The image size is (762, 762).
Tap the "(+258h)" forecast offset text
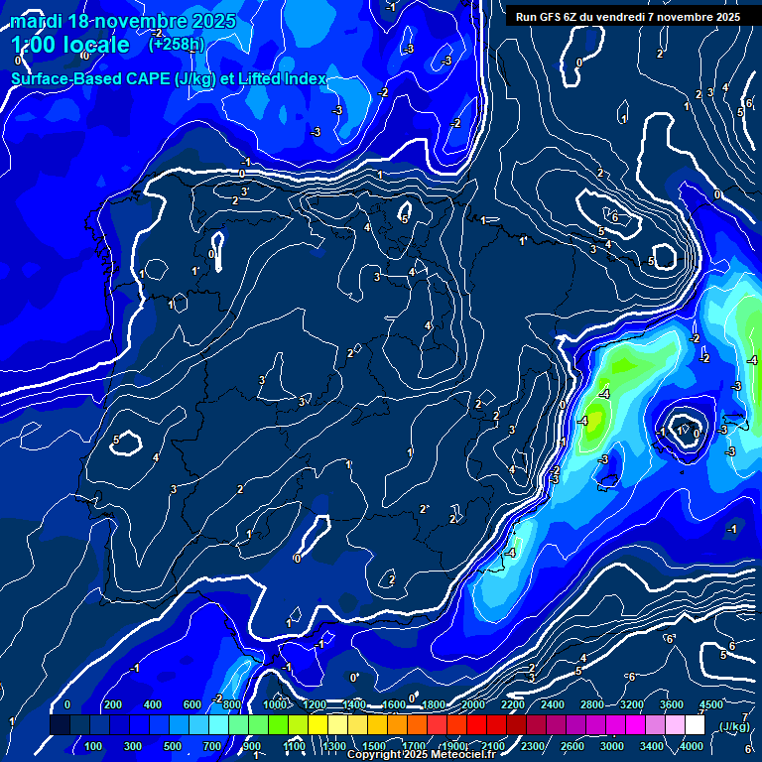[178, 45]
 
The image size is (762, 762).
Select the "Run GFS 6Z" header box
[628, 17]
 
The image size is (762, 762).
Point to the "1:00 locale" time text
[70, 46]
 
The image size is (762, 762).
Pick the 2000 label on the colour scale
[473, 703]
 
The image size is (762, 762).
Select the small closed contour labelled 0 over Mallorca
[684, 430]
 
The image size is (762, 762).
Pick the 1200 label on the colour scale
[314, 703]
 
